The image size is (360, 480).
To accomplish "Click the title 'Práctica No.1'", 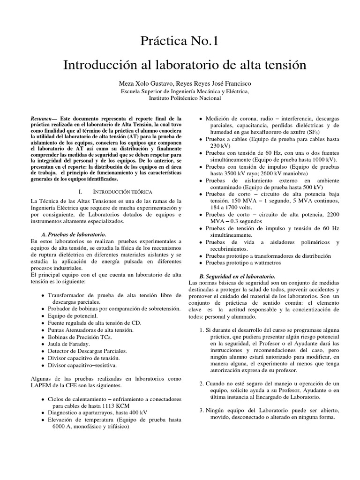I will point(180,41).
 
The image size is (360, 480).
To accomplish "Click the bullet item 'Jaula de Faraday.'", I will point(70,344).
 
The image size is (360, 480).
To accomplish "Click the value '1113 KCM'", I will point(117,405).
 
